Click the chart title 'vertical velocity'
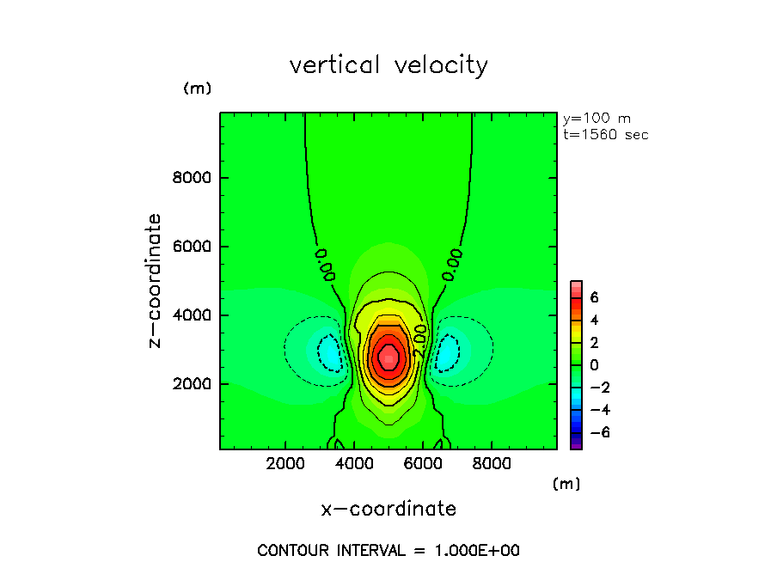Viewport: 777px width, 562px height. click(388, 65)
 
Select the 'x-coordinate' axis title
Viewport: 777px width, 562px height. click(388, 509)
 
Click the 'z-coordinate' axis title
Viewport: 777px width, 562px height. click(156, 280)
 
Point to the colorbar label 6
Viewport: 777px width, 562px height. click(594, 297)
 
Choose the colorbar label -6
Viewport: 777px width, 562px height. click(597, 432)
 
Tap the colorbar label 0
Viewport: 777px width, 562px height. click(594, 364)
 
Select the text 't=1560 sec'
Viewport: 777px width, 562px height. click(605, 134)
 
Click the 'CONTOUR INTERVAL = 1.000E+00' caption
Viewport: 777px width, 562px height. click(388, 550)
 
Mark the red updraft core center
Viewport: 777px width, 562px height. click(388, 355)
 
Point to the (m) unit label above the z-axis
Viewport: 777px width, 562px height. click(197, 89)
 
